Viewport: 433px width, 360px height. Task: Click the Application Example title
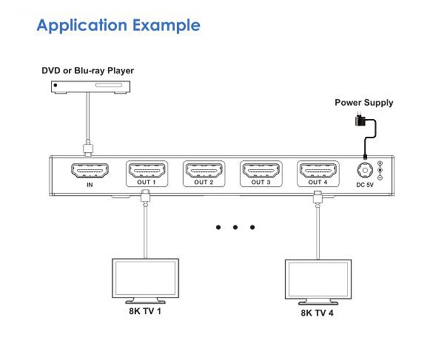coord(119,25)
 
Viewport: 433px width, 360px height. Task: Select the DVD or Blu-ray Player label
coord(88,70)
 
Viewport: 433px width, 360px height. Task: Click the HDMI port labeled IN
coord(89,171)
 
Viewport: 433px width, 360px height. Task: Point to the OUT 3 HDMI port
coord(261,171)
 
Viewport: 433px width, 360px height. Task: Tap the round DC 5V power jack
coord(364,171)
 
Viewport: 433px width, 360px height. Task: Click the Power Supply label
coord(364,103)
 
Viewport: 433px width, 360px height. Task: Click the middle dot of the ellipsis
coord(236,227)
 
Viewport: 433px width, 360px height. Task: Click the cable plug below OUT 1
coord(144,197)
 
